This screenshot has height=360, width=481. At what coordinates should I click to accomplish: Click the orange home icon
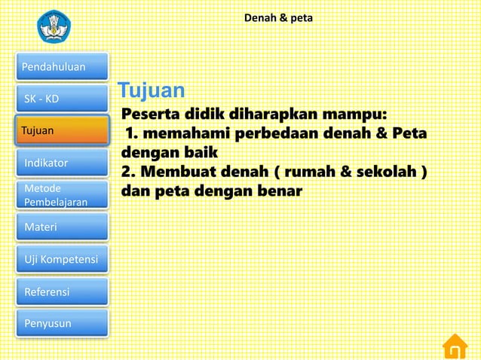click(455, 346)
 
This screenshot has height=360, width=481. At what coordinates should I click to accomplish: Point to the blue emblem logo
click(57, 26)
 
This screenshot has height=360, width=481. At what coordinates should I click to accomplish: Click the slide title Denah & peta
click(278, 16)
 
